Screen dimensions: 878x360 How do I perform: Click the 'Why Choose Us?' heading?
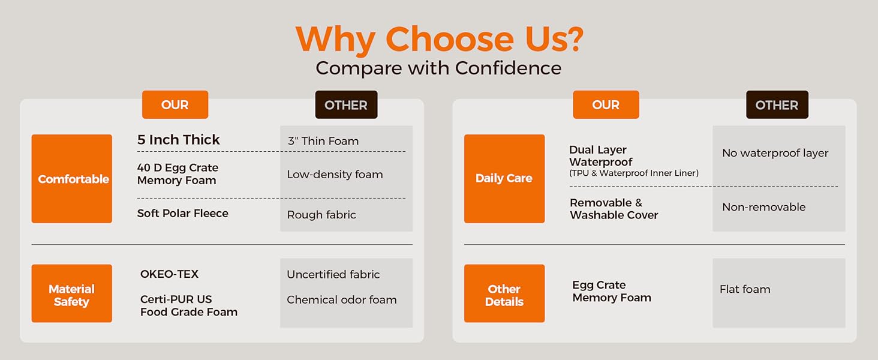pyautogui.click(x=440, y=39)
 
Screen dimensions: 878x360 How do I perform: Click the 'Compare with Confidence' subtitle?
pyautogui.click(x=438, y=68)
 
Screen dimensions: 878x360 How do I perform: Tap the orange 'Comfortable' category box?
pyautogui.click(x=72, y=179)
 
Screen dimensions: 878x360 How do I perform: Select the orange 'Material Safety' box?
pyautogui.click(x=72, y=293)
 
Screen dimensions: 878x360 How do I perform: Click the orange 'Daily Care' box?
pyautogui.click(x=504, y=179)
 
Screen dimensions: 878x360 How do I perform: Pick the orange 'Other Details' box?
pyautogui.click(x=504, y=293)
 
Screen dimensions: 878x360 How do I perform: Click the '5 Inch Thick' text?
pyautogui.click(x=178, y=140)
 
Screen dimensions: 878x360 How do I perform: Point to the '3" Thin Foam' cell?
pyautogui.click(x=323, y=141)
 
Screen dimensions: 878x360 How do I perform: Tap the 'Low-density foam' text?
pyautogui.click(x=335, y=175)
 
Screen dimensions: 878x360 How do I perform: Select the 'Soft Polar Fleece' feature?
pyautogui.click(x=183, y=214)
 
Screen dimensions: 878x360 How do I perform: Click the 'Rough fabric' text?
pyautogui.click(x=321, y=215)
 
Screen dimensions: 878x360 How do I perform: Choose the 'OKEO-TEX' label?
pyautogui.click(x=169, y=274)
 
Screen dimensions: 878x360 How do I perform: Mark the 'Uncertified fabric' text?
pyautogui.click(x=333, y=274)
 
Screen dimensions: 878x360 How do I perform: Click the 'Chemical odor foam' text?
pyautogui.click(x=342, y=299)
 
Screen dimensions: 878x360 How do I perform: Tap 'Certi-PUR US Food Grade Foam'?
pyautogui.click(x=189, y=305)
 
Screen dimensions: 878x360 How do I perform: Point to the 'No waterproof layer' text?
pyautogui.click(x=775, y=153)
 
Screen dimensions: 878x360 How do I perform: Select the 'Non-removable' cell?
pyautogui.click(x=764, y=206)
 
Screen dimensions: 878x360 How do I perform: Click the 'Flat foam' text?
pyautogui.click(x=745, y=289)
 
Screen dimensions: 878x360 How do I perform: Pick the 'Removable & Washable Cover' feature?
pyautogui.click(x=614, y=209)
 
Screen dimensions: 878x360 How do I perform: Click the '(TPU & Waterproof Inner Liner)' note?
pyautogui.click(x=634, y=173)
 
